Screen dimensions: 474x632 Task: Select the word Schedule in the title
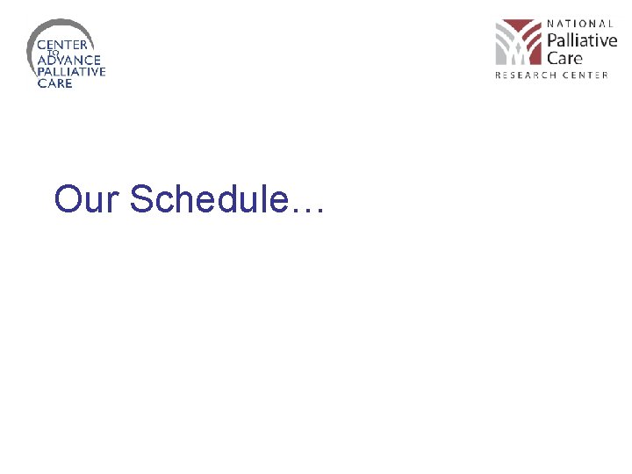tap(207, 199)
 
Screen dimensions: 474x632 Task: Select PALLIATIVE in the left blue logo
tap(70, 72)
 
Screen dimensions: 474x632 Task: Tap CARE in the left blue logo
tap(54, 83)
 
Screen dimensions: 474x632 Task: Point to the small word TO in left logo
tap(52, 52)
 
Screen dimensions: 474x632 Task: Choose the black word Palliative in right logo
tap(582, 40)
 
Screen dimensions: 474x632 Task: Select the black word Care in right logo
tap(565, 58)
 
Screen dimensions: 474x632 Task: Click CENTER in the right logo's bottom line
tap(585, 75)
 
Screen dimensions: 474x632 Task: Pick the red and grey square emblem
tap(518, 42)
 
